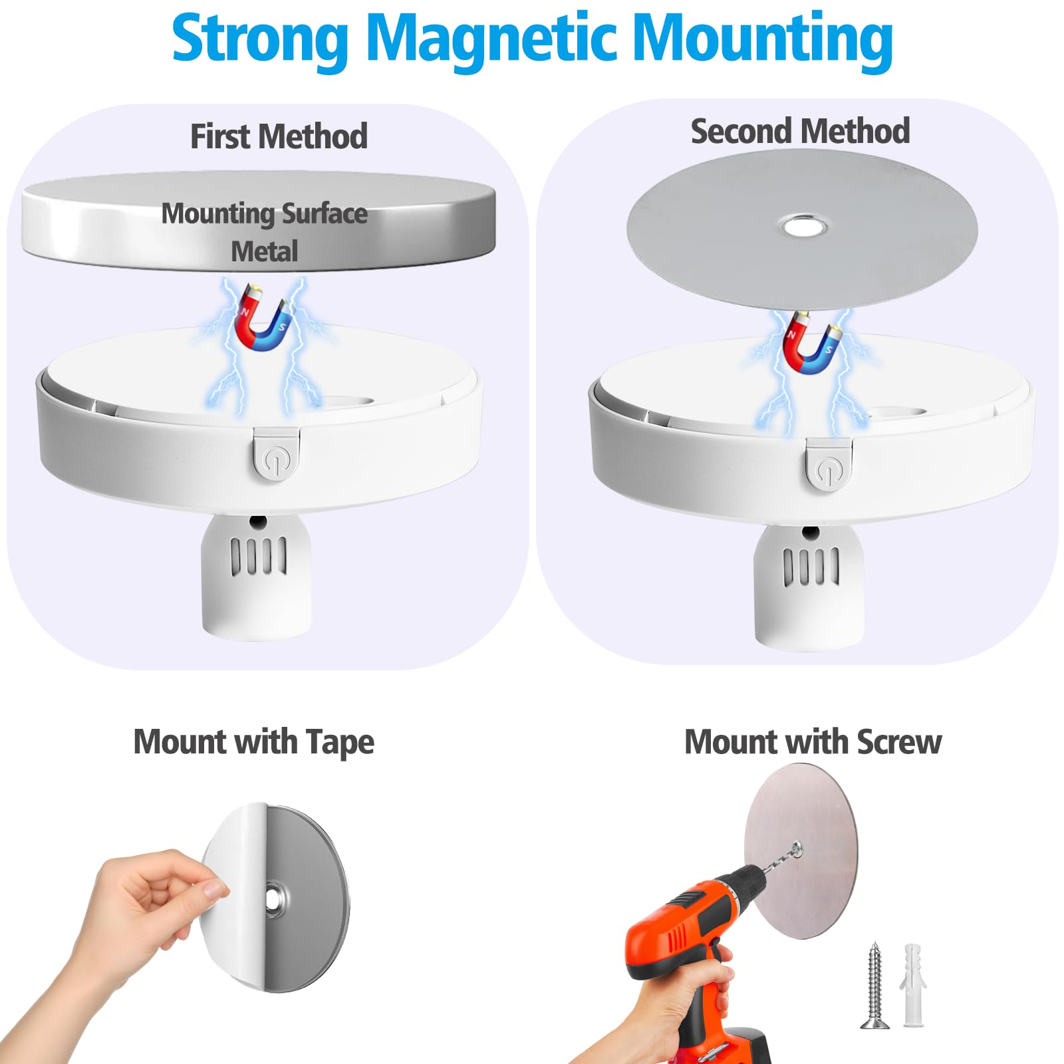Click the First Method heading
click(279, 136)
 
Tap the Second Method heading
click(800, 131)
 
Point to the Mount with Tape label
click(254, 743)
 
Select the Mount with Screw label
click(813, 742)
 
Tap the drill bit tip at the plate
click(797, 845)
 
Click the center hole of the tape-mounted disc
click(273, 900)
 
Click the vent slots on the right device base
click(811, 567)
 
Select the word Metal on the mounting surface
click(265, 251)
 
